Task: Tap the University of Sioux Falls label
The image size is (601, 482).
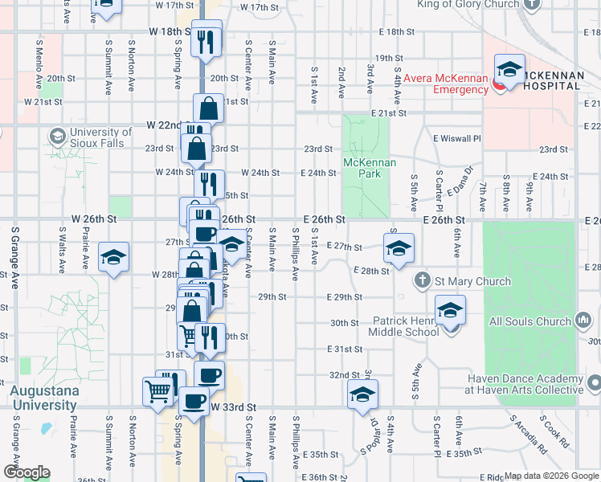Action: [100, 137]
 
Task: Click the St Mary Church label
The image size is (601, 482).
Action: [473, 281]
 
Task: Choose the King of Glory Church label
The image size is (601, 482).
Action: [468, 4]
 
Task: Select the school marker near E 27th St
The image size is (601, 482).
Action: [399, 249]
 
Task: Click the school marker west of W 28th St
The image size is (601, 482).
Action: [113, 258]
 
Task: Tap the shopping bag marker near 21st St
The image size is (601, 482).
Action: [208, 108]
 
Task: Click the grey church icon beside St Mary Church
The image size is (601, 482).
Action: [422, 281]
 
